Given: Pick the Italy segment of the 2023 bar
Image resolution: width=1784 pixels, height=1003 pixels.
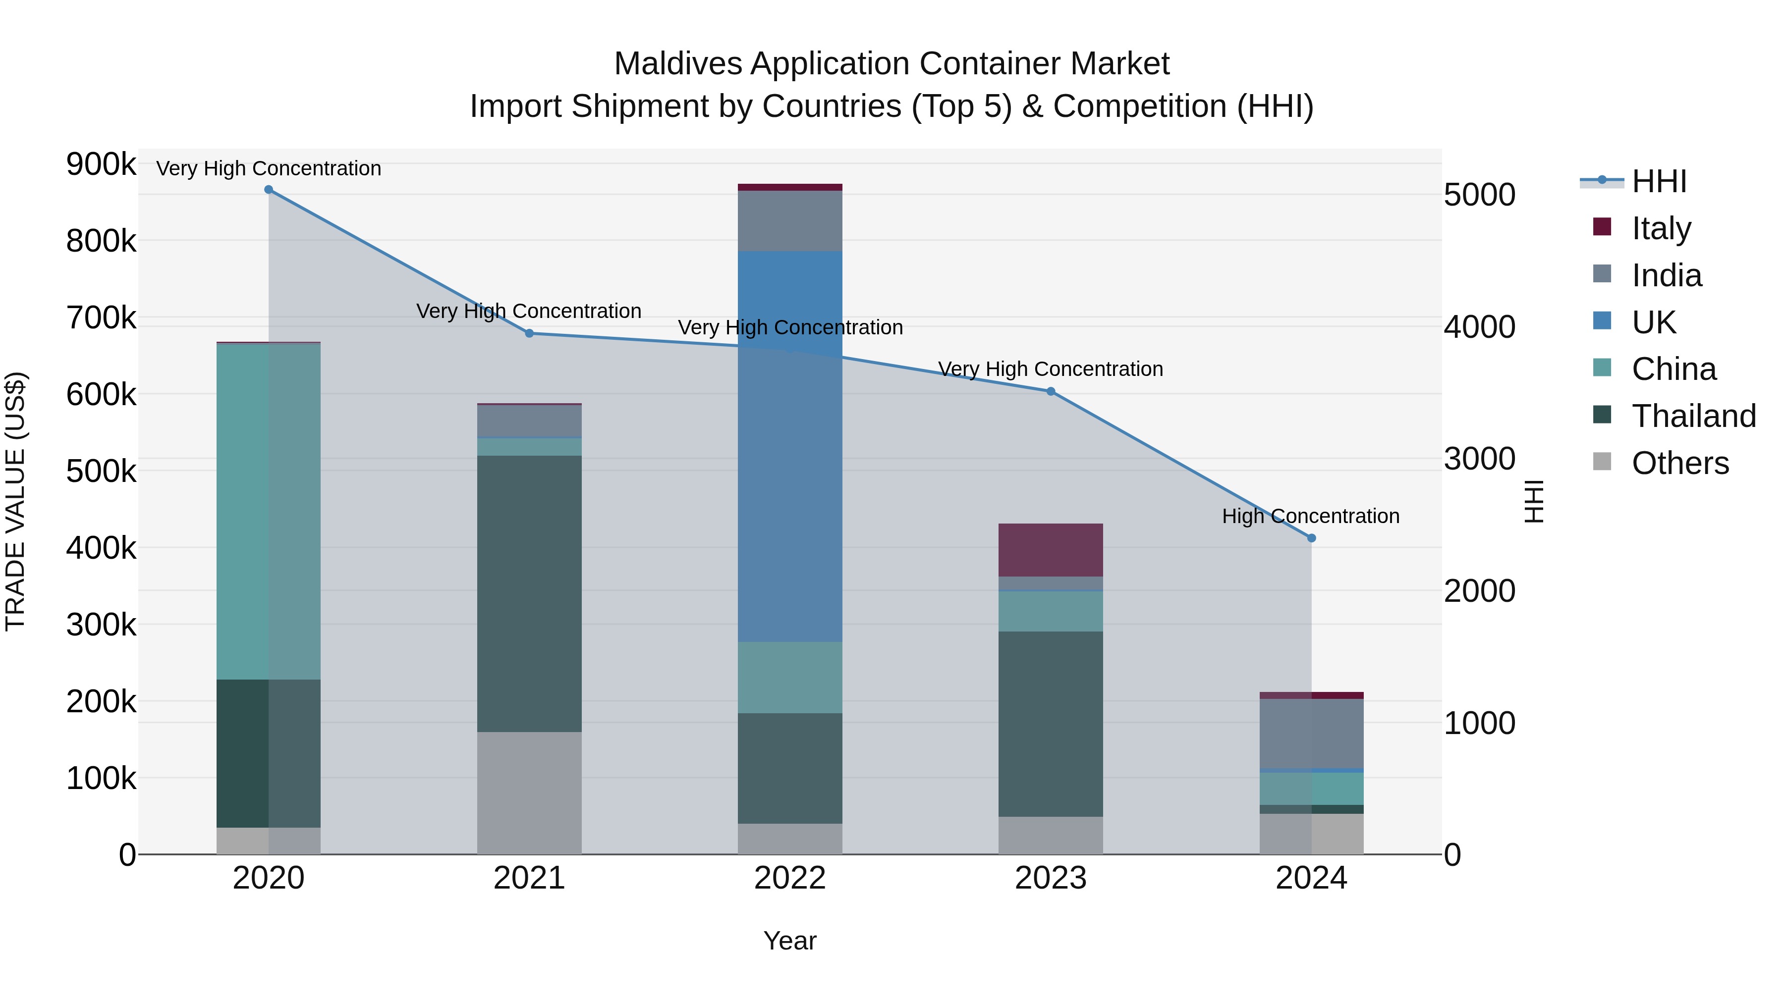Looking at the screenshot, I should tap(1051, 550).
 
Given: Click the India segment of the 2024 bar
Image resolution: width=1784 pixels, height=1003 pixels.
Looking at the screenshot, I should tap(1311, 733).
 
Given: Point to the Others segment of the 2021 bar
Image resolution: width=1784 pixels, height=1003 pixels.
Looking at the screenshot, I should tap(529, 792).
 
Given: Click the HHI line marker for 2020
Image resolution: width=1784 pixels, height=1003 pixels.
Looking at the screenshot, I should tap(269, 190).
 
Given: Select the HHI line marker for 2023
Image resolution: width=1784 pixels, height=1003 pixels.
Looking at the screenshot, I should tap(1051, 392).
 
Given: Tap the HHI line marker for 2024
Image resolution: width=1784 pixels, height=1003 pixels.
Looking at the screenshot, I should tap(1311, 538).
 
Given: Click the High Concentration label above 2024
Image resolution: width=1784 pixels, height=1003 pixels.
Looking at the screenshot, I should tap(1310, 517).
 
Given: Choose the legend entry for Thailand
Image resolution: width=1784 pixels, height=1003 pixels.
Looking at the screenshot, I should tap(1693, 416).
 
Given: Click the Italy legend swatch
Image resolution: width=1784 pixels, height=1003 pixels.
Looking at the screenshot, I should tap(1602, 227).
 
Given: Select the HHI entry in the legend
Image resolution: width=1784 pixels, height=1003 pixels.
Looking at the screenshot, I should tap(1659, 181).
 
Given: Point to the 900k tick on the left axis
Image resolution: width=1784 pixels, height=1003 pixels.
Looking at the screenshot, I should tap(101, 165).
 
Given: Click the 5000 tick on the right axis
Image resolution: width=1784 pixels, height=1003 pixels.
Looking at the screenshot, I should tap(1479, 195).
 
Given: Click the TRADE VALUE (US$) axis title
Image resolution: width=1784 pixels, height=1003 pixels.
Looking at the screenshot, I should tap(15, 501).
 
